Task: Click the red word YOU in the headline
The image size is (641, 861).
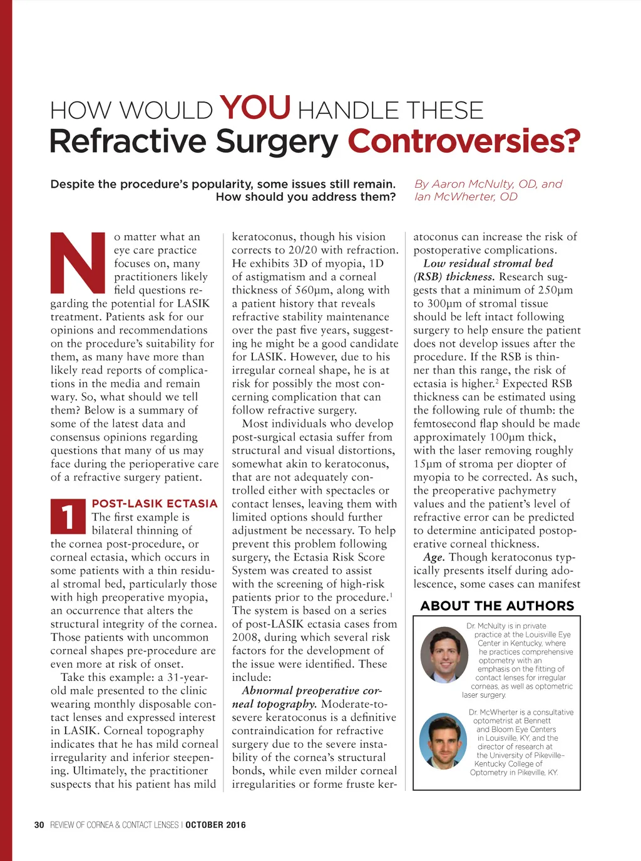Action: pos(255,108)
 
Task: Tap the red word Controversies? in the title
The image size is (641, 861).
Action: pos(464,141)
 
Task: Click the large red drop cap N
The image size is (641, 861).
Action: pos(78,262)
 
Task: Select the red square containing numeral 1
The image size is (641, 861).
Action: pos(68,518)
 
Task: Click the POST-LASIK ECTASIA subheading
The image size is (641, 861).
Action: pos(155,504)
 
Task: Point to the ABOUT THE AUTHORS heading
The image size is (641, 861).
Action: pos(497,606)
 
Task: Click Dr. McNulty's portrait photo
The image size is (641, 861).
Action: pos(444,655)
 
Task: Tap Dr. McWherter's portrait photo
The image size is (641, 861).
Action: pos(443,741)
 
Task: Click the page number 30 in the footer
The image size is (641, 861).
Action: pos(39,825)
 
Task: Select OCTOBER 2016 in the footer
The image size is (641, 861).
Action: pos(215,825)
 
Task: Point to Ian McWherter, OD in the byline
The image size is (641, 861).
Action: pos(466,196)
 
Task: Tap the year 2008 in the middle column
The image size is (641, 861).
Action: pos(245,637)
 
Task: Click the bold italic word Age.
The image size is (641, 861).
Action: pos(434,558)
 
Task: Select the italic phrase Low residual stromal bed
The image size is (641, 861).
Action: pos(488,263)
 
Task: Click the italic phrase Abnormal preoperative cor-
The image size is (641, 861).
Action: pos(311,691)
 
